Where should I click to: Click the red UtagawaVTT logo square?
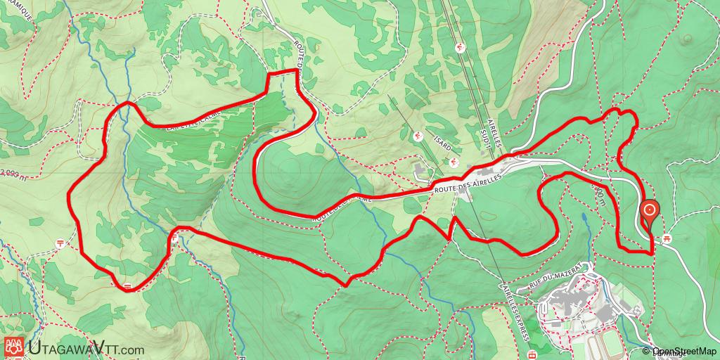click(x=13, y=346)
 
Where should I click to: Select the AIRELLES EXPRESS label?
click(x=515, y=313)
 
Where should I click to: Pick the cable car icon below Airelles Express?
click(x=532, y=353)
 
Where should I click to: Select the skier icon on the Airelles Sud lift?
click(x=459, y=47)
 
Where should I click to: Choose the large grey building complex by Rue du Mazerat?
click(x=577, y=299)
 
